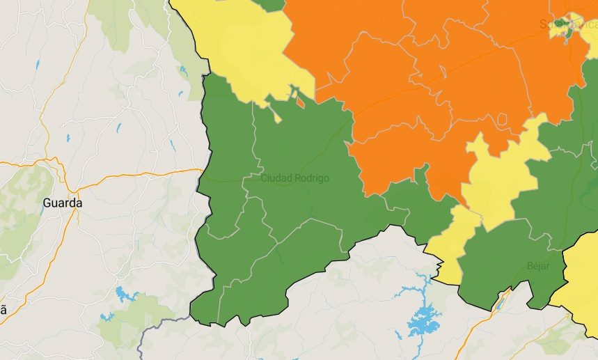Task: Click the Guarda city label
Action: (x=62, y=203)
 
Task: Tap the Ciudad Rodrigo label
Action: (x=294, y=178)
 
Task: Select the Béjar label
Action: (x=538, y=266)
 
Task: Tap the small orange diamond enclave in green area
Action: (x=300, y=102)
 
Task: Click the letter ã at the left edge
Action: (x=3, y=311)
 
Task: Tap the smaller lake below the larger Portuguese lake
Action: (x=106, y=318)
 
